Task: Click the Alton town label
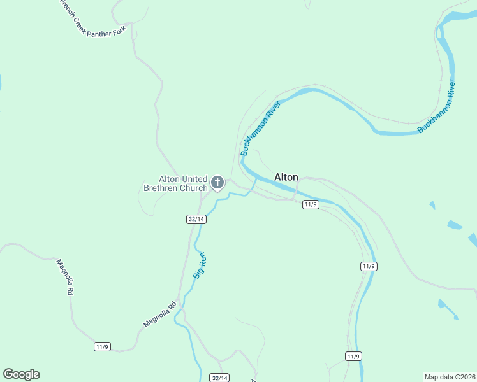(286, 177)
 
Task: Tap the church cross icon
(217, 183)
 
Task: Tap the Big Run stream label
(200, 265)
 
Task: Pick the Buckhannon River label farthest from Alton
(437, 106)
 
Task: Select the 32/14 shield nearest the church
(196, 219)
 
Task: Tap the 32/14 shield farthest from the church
(219, 378)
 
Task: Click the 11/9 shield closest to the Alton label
(311, 204)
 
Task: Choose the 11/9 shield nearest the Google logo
(102, 346)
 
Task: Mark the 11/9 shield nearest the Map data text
(355, 356)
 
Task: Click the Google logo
(21, 374)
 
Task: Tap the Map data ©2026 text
(450, 377)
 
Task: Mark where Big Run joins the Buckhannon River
(256, 179)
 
